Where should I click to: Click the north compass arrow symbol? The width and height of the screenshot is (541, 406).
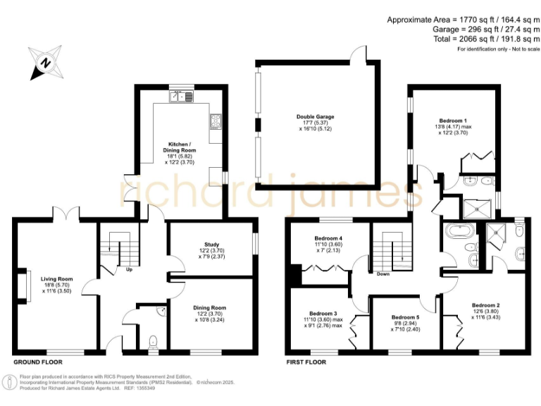pyautogui.click(x=44, y=63)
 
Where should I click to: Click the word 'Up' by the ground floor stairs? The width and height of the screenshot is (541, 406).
pyautogui.click(x=128, y=269)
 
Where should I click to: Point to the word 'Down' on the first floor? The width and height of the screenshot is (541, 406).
pyautogui.click(x=384, y=274)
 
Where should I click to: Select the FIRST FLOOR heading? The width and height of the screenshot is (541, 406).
pyautogui.click(x=306, y=362)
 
